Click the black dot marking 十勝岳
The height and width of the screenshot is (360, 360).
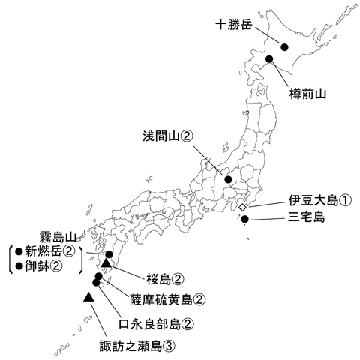click(x=285, y=47)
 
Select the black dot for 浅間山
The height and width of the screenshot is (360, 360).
click(x=228, y=179)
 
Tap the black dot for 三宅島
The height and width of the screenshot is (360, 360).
click(x=244, y=219)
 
